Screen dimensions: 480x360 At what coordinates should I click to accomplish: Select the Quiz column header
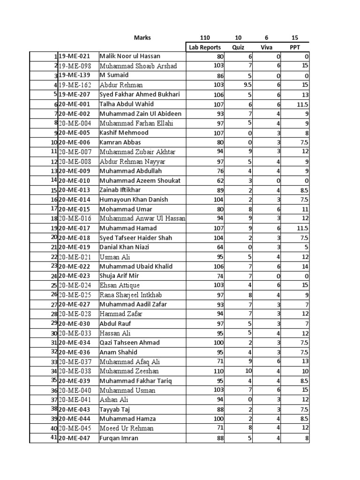coord(238,47)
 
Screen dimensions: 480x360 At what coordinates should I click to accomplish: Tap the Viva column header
coord(266,47)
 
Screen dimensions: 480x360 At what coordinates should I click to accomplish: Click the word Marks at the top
coord(142,38)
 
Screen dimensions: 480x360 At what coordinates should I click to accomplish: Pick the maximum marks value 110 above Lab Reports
coord(205,38)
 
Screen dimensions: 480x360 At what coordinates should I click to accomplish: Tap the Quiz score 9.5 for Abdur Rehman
coord(247,85)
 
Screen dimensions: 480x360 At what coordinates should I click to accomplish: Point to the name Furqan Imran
coord(119,438)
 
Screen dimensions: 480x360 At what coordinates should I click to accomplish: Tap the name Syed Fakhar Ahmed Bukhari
coord(140,95)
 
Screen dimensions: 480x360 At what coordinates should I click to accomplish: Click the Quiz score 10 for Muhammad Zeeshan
coord(248,371)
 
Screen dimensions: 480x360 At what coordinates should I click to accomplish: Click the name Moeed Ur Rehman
coord(127,428)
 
